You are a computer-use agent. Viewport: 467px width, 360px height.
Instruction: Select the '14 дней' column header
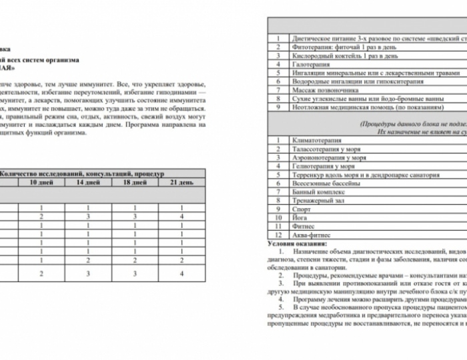point(88,182)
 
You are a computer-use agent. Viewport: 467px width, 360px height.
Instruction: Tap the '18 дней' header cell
point(135,182)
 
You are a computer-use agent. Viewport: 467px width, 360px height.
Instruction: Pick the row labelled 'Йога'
point(301,218)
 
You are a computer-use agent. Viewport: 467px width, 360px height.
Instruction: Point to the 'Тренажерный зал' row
point(318,201)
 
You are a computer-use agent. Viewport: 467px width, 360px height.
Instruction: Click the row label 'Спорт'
point(302,209)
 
